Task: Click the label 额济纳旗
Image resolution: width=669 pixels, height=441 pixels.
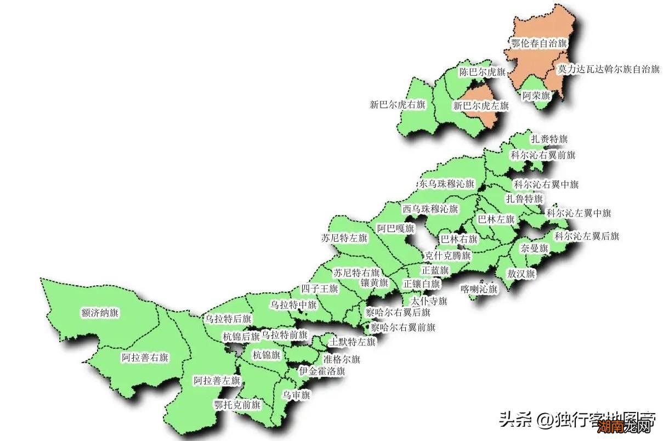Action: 100,313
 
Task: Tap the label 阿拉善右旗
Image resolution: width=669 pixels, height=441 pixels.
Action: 145,358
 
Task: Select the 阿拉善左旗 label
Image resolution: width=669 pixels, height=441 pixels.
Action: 217,380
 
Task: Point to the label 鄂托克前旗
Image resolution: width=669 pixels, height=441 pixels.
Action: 237,405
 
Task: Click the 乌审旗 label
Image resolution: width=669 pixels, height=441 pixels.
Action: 296,395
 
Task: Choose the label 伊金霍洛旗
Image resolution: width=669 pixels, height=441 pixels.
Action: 322,371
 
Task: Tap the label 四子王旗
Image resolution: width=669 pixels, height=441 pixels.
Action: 320,289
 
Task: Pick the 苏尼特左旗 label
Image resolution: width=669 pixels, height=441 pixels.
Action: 344,238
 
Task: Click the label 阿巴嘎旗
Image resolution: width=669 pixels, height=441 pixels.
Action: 395,228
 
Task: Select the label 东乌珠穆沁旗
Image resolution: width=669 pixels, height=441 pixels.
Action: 446,184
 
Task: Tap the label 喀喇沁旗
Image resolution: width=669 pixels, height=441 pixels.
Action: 479,289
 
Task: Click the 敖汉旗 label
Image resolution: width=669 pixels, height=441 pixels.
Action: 521,274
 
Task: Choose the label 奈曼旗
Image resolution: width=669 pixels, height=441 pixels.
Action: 534,248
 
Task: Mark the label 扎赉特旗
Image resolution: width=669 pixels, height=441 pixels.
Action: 549,138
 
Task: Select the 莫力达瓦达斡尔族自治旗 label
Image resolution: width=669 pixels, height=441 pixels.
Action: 608,70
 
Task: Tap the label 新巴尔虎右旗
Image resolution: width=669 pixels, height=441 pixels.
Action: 398,105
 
